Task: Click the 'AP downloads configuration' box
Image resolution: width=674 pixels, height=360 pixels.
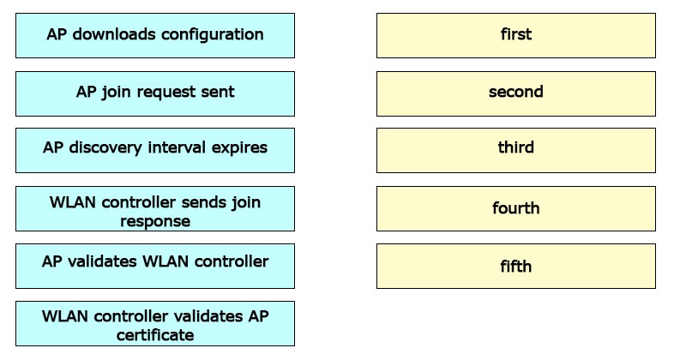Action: [155, 35]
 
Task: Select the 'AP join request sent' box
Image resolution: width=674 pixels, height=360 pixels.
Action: [155, 93]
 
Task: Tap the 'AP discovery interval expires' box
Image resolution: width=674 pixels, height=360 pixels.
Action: [155, 150]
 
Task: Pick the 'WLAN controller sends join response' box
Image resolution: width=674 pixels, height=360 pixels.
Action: [155, 209]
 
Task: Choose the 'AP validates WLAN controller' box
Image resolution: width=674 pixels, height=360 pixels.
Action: [155, 266]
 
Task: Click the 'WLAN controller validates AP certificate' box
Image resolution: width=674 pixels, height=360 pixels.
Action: [155, 323]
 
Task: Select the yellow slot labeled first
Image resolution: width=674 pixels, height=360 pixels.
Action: [516, 35]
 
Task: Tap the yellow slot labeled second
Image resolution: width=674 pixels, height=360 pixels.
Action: [516, 93]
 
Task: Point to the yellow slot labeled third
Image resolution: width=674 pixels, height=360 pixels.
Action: [516, 150]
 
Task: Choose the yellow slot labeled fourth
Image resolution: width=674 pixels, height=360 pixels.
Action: [516, 209]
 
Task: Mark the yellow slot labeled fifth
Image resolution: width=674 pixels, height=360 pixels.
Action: [516, 266]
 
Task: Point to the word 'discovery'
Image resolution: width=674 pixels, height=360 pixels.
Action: [105, 148]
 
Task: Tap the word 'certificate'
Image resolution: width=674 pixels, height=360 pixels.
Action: [155, 335]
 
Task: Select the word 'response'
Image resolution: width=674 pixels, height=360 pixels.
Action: [155, 222]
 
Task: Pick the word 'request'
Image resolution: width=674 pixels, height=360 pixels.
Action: [167, 93]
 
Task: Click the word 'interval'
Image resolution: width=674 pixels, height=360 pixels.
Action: [177, 147]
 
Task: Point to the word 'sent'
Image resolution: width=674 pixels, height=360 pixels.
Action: [219, 92]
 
